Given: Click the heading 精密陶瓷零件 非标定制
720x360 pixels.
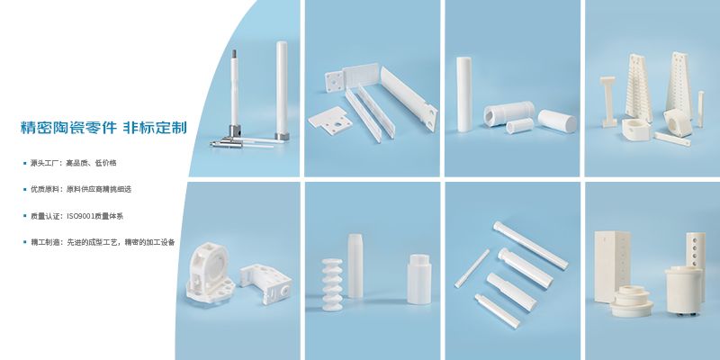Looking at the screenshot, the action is tap(103, 127).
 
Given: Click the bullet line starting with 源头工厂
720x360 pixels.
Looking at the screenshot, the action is tap(73, 163).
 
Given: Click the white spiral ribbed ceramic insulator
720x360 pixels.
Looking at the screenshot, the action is tap(331, 284).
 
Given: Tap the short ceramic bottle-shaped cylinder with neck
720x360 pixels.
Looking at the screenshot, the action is tap(418, 279).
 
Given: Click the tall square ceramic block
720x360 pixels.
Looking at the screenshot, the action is tap(612, 266).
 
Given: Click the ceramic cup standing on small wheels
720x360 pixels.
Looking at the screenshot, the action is tap(684, 290).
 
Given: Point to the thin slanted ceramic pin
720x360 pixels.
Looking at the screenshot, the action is tap(472, 268).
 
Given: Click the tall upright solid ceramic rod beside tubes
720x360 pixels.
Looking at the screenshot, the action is tap(463, 94).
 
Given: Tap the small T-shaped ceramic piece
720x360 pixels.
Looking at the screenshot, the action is tap(608, 102).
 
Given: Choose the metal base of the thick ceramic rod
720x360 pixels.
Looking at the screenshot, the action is tap(282, 137).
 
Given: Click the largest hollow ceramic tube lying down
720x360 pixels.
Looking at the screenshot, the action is tap(508, 113).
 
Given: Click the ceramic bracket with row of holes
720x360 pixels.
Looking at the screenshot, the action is tap(265, 283).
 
